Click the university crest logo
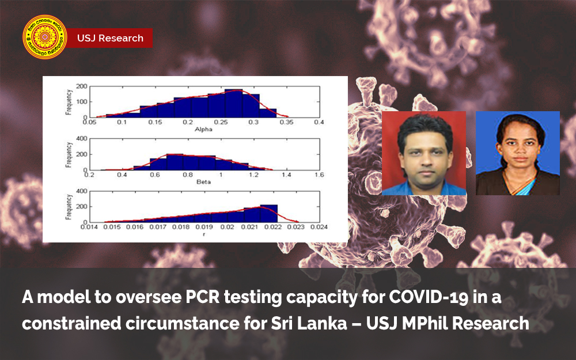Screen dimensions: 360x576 pos(44,38)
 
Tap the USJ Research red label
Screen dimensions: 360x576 pos(110,39)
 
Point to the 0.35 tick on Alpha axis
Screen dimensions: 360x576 pos(286,122)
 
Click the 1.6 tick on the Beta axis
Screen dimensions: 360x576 pos(319,175)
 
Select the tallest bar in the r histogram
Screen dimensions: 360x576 pos(268,213)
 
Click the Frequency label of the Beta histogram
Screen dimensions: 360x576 pos(69,154)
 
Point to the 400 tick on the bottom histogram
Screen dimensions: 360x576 pos(81,191)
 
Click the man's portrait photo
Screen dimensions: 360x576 pos(424,153)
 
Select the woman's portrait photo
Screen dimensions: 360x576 pos(517,153)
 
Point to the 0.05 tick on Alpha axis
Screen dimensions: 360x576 pos(90,122)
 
